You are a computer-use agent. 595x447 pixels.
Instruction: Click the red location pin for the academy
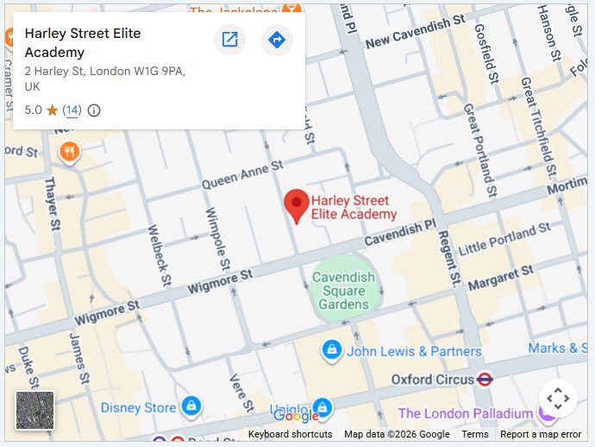(297, 204)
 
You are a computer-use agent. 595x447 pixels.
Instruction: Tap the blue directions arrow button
(276, 40)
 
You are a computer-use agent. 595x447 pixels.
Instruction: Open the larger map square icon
(229, 40)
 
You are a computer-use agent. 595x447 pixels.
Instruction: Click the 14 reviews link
(72, 110)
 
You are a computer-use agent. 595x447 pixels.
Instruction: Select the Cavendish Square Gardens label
(343, 291)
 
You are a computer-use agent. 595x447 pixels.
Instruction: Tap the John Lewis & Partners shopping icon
(330, 350)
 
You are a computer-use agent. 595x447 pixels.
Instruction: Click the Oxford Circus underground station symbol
(485, 379)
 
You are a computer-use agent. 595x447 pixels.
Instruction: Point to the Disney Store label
(138, 407)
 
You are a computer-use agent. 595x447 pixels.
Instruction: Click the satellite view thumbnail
(35, 410)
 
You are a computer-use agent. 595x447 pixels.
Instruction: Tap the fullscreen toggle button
(558, 399)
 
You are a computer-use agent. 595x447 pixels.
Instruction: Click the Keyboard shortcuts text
(290, 434)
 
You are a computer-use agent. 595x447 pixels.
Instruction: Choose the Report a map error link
(541, 434)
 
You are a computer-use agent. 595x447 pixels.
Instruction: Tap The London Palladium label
(465, 413)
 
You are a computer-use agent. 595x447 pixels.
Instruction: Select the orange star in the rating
(52, 110)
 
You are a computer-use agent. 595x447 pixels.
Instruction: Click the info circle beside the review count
(94, 110)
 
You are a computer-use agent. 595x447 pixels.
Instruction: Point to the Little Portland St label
(504, 238)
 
